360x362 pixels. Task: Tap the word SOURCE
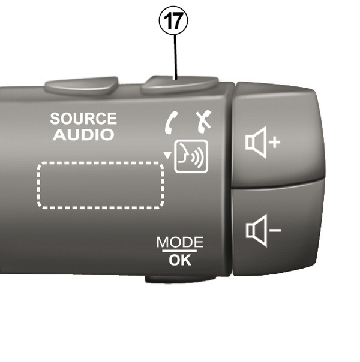(x=83, y=119)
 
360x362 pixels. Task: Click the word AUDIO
(x=83, y=135)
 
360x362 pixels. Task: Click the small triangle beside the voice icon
(x=167, y=156)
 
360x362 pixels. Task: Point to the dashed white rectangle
(x=101, y=185)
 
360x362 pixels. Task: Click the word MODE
(x=179, y=242)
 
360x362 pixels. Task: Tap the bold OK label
(x=179, y=260)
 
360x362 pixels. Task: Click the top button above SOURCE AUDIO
(x=82, y=85)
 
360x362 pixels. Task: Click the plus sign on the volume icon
(x=274, y=141)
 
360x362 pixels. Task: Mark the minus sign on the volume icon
(x=274, y=230)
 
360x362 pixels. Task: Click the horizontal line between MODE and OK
(x=179, y=251)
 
